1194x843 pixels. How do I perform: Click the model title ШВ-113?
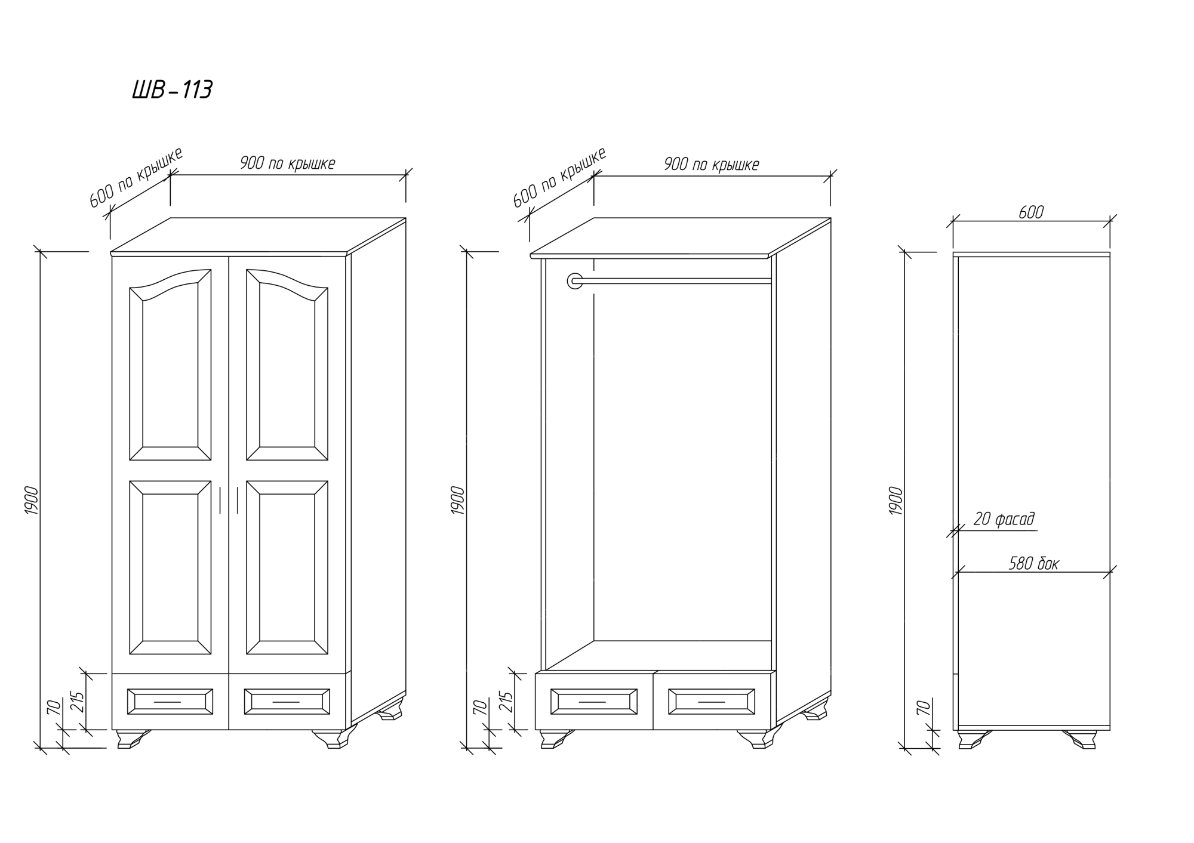tap(172, 90)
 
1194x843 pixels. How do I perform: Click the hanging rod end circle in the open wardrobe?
tap(575, 280)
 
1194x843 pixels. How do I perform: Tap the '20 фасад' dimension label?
tap(1004, 519)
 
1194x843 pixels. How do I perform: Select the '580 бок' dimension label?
tap(1033, 564)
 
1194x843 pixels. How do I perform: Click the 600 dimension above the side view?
tap(1031, 212)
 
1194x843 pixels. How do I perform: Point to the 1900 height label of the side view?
tap(896, 501)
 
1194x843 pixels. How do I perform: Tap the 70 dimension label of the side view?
tap(923, 708)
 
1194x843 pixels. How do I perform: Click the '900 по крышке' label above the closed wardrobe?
tap(287, 163)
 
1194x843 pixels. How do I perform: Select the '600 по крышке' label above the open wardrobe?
tap(559, 177)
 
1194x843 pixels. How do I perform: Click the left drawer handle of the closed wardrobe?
tap(168, 702)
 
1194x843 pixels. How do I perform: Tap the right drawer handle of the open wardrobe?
tap(711, 702)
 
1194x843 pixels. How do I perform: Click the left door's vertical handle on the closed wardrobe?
tap(220, 500)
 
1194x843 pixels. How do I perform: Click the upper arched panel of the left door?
tap(170, 365)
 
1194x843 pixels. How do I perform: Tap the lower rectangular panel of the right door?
tap(287, 568)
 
